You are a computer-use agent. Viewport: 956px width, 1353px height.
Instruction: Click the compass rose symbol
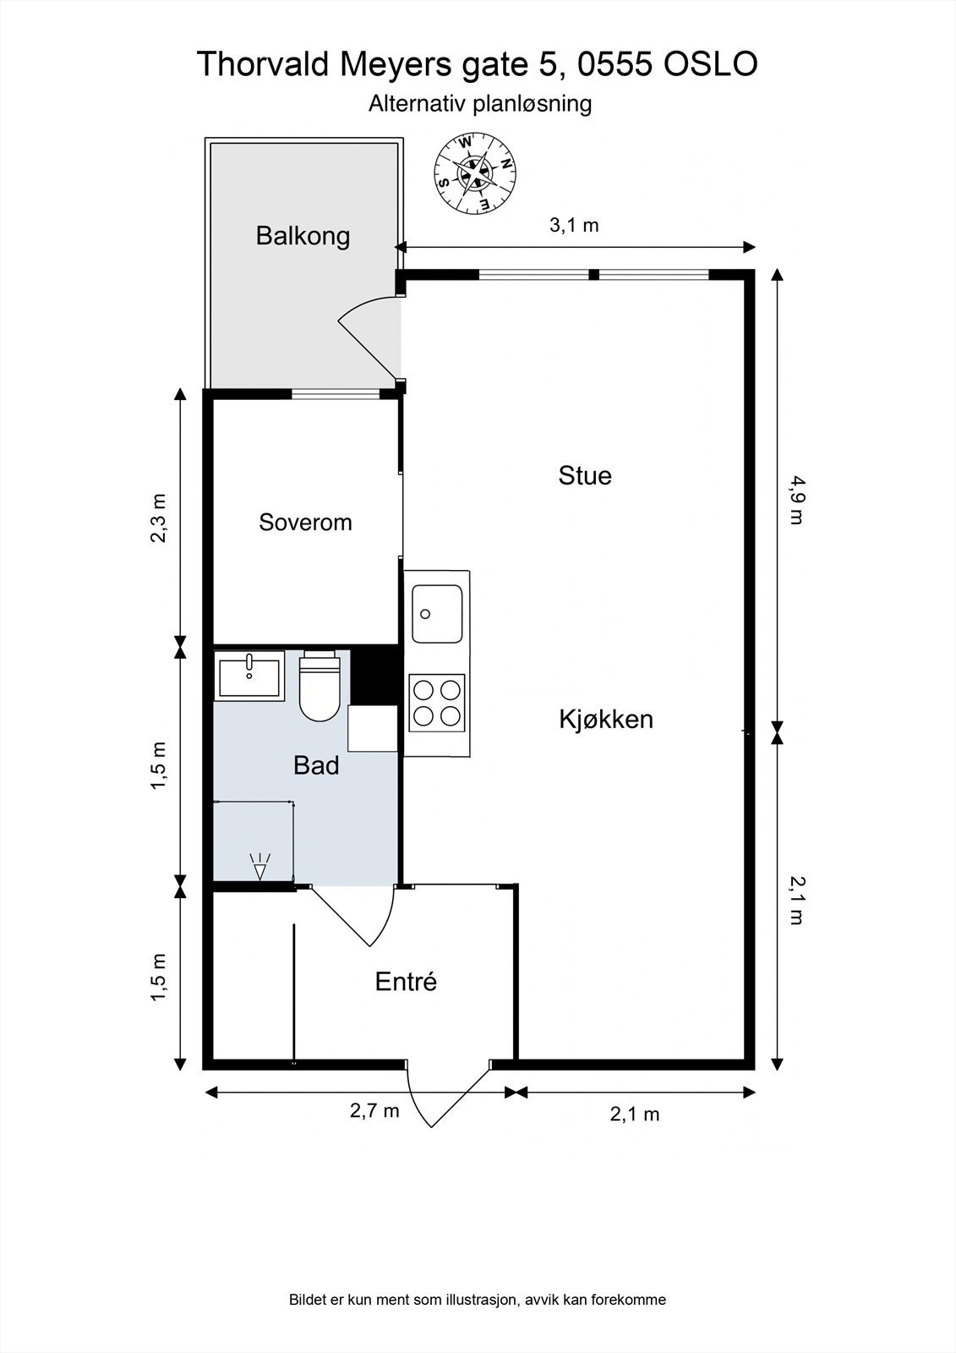coord(475,174)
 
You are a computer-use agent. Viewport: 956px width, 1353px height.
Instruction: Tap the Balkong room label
coord(303,236)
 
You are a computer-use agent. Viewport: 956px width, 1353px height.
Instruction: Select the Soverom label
coord(305,522)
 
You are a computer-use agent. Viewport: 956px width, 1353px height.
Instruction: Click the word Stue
coord(585,475)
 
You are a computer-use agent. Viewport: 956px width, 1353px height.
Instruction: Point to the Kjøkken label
coord(606,719)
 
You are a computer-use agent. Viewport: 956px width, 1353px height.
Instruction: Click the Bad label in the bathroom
coord(316,765)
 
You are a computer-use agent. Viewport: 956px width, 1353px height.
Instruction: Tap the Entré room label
coord(405,981)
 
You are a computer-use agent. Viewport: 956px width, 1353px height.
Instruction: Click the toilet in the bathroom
coord(320,686)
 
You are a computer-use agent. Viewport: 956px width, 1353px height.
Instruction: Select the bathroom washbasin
coord(249,676)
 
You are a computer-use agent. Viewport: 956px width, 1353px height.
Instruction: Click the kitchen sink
coord(437,614)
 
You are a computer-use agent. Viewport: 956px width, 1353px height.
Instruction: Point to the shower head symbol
coord(260,866)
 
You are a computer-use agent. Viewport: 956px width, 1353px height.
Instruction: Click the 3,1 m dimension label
coord(574,225)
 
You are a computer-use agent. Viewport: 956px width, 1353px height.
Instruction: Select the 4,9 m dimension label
coord(797,500)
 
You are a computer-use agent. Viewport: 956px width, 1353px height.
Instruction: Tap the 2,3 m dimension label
coord(158,518)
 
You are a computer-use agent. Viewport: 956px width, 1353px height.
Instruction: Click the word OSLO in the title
coord(710,64)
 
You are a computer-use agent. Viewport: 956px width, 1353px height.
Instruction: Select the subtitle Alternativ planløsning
coord(480,103)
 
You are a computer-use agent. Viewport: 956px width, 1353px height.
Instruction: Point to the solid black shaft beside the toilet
coord(374,676)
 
